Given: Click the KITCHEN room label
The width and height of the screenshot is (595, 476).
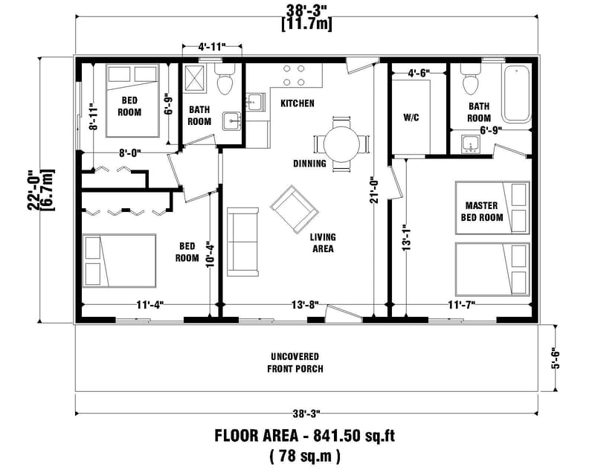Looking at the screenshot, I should pos(297,103).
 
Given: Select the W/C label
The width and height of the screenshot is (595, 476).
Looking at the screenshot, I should pos(411,118).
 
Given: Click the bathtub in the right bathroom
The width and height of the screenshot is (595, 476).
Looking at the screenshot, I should pos(518,94).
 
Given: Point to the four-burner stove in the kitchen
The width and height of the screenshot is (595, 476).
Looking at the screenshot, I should pos(294,76).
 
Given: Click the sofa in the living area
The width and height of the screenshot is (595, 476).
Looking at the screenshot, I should pos(242,240).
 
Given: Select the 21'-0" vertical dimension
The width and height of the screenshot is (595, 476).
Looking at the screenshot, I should pos(376,189).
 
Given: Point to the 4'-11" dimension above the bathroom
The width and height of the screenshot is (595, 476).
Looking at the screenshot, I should pos(213,48).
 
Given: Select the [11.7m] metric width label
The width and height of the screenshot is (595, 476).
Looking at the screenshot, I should pos(306,24).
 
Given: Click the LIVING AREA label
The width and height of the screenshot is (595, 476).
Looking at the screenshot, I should pos(323,243).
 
